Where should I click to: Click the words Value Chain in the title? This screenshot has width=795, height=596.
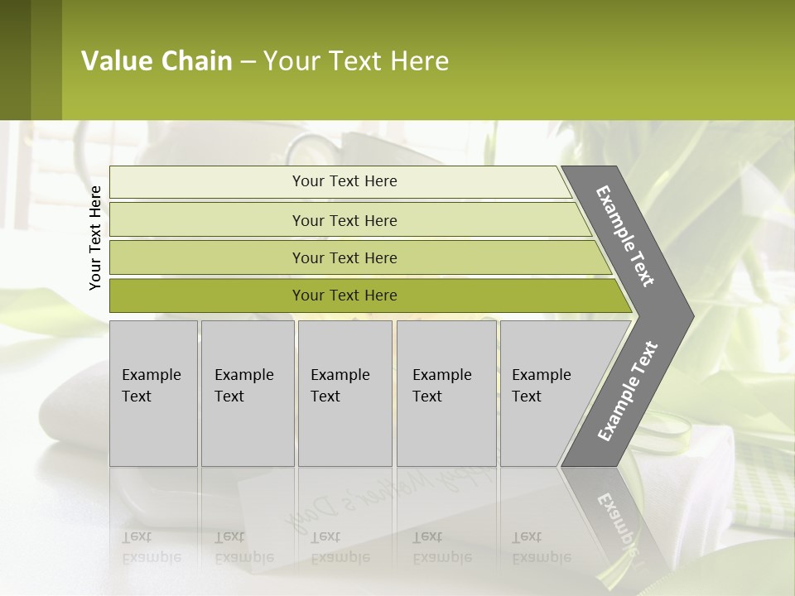click(x=157, y=61)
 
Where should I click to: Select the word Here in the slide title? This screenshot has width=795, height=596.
click(x=419, y=61)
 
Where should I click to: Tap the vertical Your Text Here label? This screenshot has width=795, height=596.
click(x=95, y=238)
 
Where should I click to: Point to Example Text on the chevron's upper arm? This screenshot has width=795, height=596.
click(x=625, y=236)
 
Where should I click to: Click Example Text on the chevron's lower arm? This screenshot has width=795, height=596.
click(x=628, y=392)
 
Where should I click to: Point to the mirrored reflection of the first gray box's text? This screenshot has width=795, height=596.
click(x=151, y=547)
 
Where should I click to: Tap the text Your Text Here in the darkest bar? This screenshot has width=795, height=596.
click(x=344, y=296)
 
